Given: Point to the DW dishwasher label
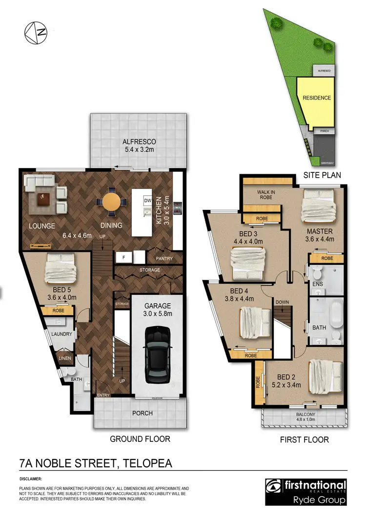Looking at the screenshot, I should (x=147, y=201).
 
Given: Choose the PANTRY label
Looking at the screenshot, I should (x=164, y=258).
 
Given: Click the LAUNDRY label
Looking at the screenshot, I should (x=61, y=334).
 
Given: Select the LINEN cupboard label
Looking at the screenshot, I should (x=64, y=358).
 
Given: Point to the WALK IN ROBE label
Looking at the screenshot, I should (x=266, y=195).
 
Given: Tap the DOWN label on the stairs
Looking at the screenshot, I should (x=282, y=302).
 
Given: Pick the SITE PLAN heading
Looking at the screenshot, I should (x=322, y=175).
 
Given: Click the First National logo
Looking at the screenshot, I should (x=305, y=491).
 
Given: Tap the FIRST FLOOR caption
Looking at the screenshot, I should (x=304, y=439).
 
